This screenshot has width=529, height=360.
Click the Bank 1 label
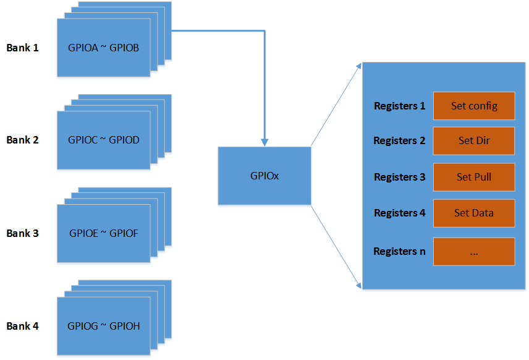[23, 48]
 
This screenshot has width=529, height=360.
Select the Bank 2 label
[23, 140]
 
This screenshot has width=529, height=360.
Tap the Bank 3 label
[23, 233]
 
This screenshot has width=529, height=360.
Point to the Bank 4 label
[23, 326]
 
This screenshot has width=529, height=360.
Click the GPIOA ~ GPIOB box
[104, 48]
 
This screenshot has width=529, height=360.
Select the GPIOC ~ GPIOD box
[104, 140]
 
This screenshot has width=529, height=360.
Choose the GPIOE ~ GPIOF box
[104, 233]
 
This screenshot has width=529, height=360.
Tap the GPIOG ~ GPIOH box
[104, 326]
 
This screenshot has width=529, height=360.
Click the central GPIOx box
[264, 176]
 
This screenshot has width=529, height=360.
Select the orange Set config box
[474, 106]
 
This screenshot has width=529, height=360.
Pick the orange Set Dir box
[474, 141]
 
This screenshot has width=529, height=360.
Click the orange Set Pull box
[474, 177]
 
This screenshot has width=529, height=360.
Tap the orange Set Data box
[474, 213]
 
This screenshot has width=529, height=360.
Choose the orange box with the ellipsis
[474, 251]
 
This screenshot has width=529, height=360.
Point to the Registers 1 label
[399, 106]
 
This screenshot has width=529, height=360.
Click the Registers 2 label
[399, 141]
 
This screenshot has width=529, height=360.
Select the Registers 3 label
[399, 177]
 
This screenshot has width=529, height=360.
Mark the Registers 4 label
[399, 213]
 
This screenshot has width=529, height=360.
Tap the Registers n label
[399, 251]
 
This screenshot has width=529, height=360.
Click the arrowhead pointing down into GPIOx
[264, 142]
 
